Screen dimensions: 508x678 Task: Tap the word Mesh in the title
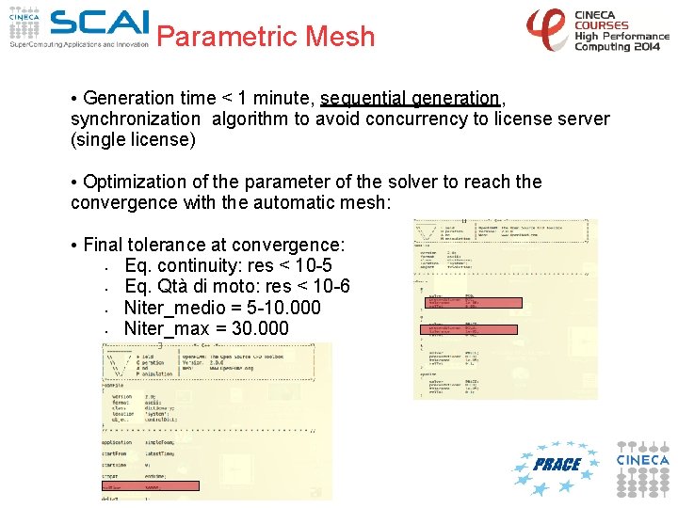pyautogui.click(x=338, y=37)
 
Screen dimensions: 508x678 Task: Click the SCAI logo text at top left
pyautogui.click(x=99, y=24)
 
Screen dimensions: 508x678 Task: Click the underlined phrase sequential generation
pyautogui.click(x=409, y=98)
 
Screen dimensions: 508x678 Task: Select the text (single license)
pyautogui.click(x=134, y=140)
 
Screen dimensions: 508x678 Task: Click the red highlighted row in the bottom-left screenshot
pyautogui.click(x=150, y=486)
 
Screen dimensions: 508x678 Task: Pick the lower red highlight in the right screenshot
pyautogui.click(x=469, y=330)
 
